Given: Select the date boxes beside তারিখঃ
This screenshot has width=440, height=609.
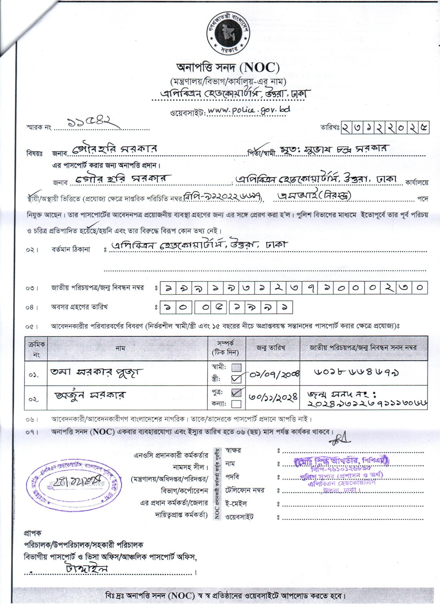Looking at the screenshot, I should (x=385, y=127).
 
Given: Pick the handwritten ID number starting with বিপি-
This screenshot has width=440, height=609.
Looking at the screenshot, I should (x=223, y=197).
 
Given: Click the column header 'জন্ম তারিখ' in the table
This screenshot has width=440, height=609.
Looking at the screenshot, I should (x=273, y=348).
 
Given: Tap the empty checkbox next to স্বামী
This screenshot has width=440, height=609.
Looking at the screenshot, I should (x=237, y=367).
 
